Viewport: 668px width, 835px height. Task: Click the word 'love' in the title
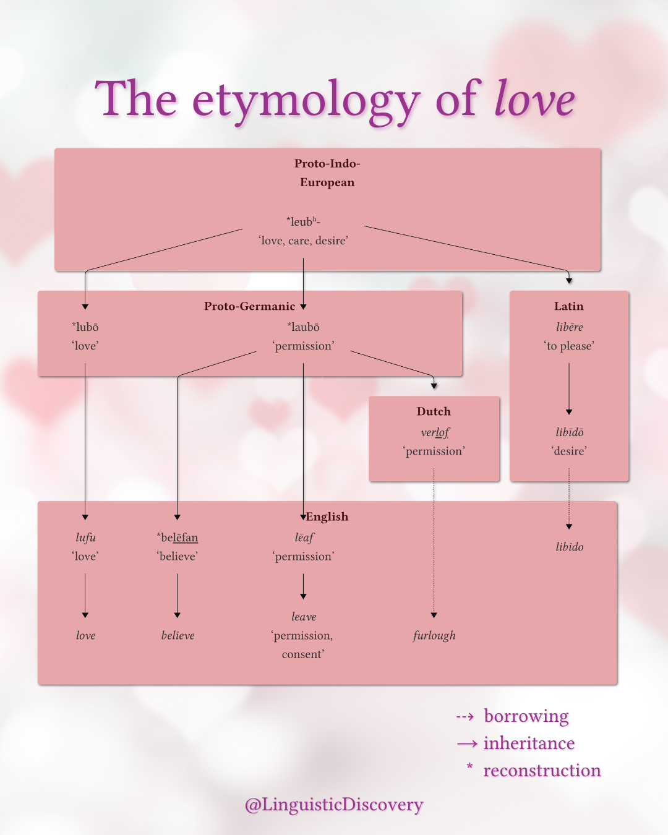[534, 99]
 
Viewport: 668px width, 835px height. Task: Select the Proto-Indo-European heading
[327, 173]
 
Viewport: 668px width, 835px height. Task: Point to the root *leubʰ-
[303, 221]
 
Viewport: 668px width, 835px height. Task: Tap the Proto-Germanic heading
[249, 306]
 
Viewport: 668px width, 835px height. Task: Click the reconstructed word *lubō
[85, 327]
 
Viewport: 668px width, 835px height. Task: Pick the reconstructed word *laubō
[303, 327]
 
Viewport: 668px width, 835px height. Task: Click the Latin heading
[568, 306]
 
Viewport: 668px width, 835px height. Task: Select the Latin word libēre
[569, 327]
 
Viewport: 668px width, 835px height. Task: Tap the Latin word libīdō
[569, 432]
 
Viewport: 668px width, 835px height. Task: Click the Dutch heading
[434, 411]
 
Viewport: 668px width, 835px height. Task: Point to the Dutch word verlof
[434, 432]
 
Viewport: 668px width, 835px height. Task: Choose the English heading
[327, 516]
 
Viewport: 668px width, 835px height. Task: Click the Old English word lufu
[85, 537]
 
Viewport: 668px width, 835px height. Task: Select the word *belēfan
[178, 537]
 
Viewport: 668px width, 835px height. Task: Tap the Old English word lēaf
[304, 537]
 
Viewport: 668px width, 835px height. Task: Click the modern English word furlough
[434, 635]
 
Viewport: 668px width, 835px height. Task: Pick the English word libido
[569, 547]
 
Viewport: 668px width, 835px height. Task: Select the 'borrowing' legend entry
[526, 716]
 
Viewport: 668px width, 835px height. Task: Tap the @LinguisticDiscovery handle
[334, 804]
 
